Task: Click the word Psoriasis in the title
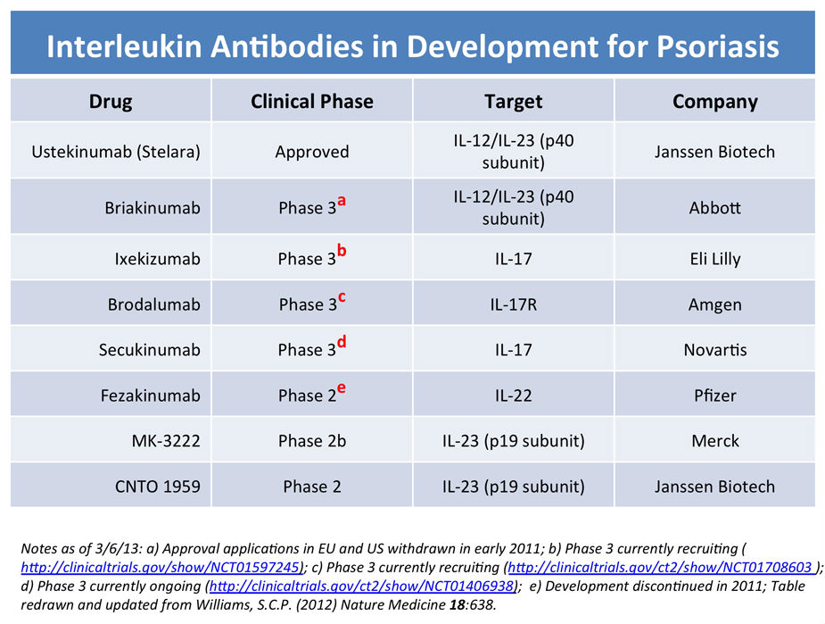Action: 717,46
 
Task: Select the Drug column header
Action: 111,101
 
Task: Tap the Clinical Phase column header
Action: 312,101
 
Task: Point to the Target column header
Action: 514,101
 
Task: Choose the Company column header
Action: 715,101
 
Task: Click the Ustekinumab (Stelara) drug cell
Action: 116,152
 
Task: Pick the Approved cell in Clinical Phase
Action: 312,152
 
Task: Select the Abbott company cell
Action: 715,207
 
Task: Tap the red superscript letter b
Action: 342,250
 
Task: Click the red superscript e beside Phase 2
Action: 342,388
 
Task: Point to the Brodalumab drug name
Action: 154,304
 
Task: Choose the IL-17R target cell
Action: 514,304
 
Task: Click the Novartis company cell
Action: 715,350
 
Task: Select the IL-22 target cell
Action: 514,395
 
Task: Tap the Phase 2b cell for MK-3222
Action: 312,441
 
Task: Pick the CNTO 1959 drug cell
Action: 158,486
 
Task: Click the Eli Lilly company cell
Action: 715,259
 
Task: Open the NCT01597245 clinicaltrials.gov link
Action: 161,567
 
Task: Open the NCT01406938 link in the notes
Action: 361,587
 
